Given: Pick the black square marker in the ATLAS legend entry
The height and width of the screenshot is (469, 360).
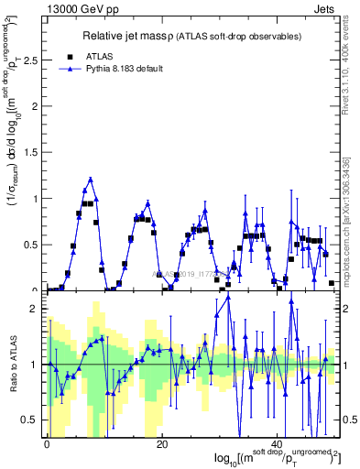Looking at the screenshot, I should [71, 55].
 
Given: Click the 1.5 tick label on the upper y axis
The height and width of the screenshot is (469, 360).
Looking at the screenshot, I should [27, 152].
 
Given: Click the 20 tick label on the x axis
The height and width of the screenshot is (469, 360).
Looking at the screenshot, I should [161, 444].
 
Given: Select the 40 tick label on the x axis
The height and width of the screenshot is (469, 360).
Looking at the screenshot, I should [276, 444].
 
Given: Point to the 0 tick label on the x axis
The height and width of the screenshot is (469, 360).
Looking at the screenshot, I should [47, 444].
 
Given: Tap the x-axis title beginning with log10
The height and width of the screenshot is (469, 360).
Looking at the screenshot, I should [278, 457].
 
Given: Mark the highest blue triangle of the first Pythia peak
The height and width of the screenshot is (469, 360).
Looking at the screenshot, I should [91, 180].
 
